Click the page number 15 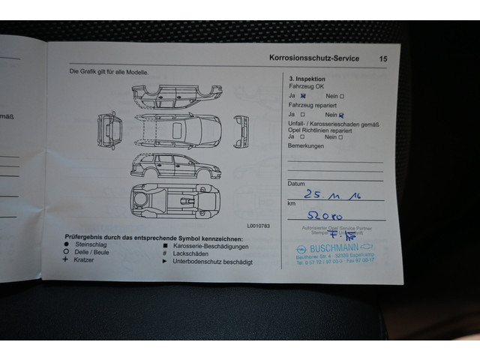pos(383,58)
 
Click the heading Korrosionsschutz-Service pos(313,58)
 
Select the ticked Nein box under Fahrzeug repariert pos(341,115)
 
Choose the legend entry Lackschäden pos(194,253)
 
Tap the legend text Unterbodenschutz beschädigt pos(212,262)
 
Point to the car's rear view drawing pos(108,130)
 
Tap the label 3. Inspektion pos(307,78)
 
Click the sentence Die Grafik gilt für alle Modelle pos(109,72)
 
